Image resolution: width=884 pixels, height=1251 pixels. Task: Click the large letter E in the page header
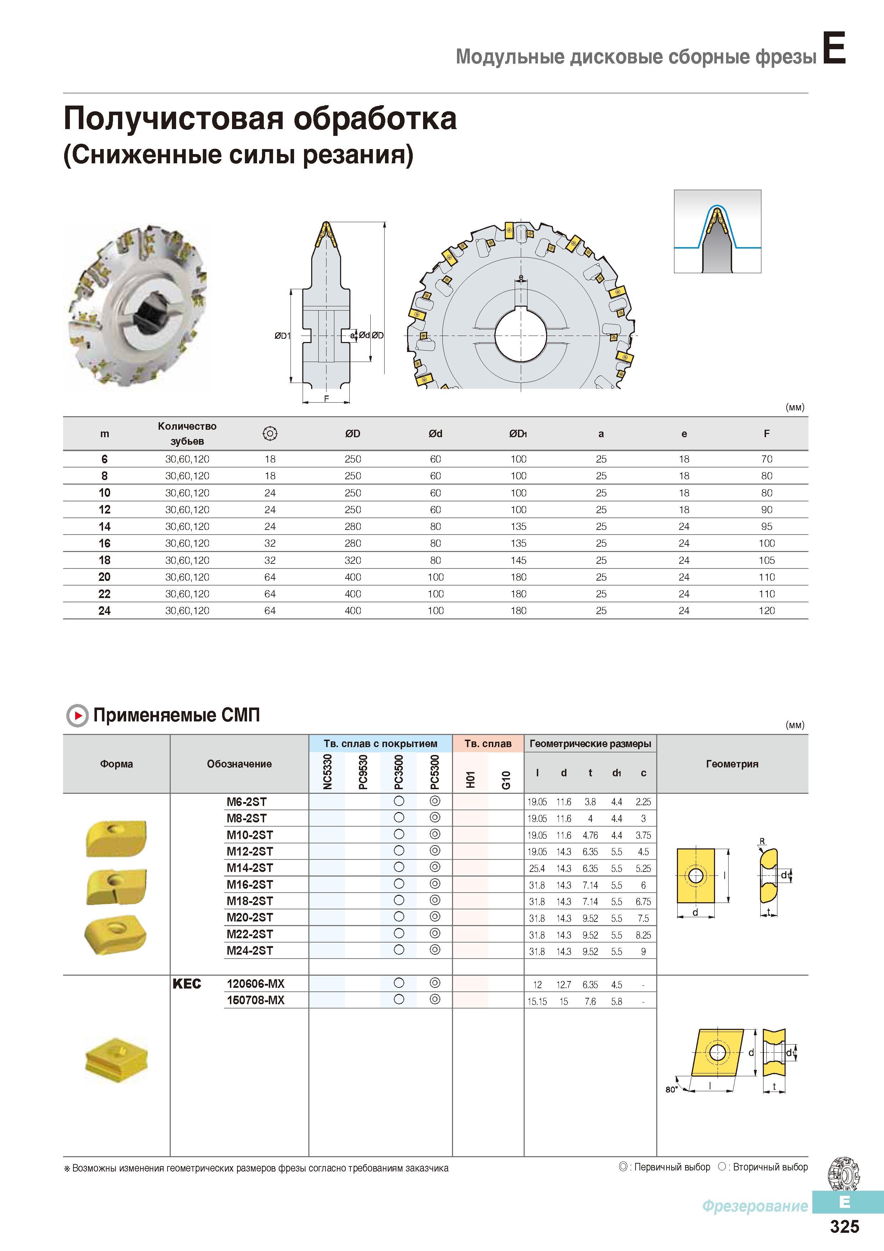833,48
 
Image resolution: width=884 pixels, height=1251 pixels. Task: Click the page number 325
844,1226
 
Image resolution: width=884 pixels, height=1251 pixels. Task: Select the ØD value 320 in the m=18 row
353,560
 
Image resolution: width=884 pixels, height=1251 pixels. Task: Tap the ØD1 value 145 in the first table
519,560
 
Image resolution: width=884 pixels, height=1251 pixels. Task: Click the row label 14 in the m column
104,527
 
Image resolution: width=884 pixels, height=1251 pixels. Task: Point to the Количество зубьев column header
187,434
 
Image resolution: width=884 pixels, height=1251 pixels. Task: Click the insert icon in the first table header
270,434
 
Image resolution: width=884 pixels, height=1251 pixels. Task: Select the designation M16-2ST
250,884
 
